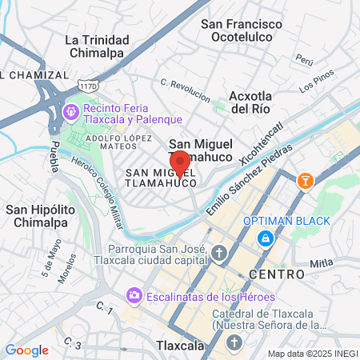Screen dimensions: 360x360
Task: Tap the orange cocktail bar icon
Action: point(305,182)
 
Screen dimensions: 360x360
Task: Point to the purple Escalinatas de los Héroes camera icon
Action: point(134,297)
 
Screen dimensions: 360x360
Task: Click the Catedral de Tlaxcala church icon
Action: point(234,342)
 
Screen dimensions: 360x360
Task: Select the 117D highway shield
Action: point(88,83)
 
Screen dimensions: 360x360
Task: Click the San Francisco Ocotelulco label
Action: point(242,31)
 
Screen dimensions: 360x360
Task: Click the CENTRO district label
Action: point(277,274)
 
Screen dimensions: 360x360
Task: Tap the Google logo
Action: point(26,350)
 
